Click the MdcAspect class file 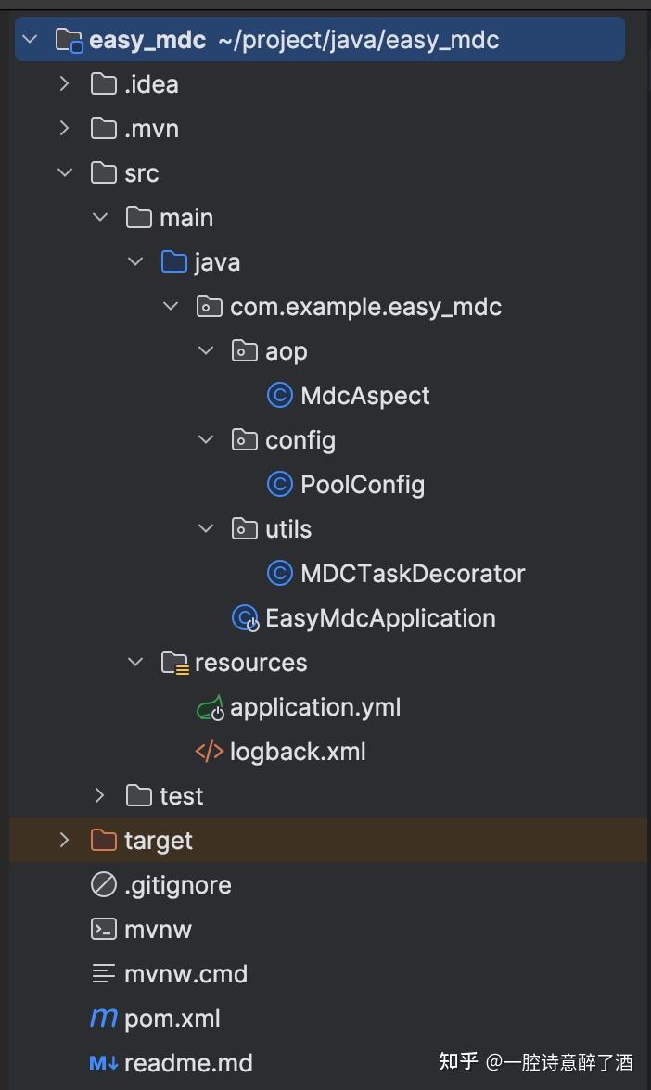pos(364,396)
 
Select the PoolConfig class pos(362,485)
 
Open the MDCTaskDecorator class pos(412,574)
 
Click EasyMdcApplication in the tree pos(379,618)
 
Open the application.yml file pos(314,707)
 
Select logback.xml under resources pos(297,752)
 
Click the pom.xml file pos(172,1019)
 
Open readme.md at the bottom pos(187,1063)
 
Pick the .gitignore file pos(177,885)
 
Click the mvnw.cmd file pos(185,974)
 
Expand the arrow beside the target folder pos(64,840)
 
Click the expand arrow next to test pos(100,795)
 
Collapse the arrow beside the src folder pos(64,172)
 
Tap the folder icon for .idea pos(103,84)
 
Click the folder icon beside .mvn pos(103,129)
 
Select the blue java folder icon pos(173,262)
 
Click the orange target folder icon pos(103,841)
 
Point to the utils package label pos(287,529)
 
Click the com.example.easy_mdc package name pos(365,307)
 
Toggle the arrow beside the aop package pos(206,350)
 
